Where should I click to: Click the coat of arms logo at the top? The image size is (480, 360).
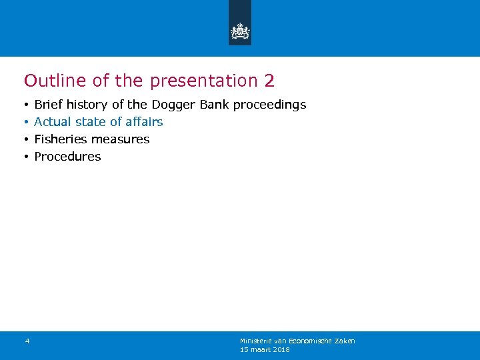[x=240, y=31]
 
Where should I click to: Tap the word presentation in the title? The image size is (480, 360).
[x=203, y=81]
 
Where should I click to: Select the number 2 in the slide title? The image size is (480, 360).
[x=269, y=81]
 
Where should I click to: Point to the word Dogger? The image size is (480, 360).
[x=171, y=105]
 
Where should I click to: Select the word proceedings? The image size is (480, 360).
[x=269, y=105]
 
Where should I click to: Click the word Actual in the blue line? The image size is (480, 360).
[x=53, y=122]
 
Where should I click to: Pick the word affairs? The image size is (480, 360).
[x=145, y=122]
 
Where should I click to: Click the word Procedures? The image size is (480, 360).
[x=67, y=157]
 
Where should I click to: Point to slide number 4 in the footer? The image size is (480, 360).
[x=27, y=341]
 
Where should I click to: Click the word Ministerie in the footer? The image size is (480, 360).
[x=255, y=341]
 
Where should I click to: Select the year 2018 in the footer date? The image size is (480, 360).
[x=281, y=349]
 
